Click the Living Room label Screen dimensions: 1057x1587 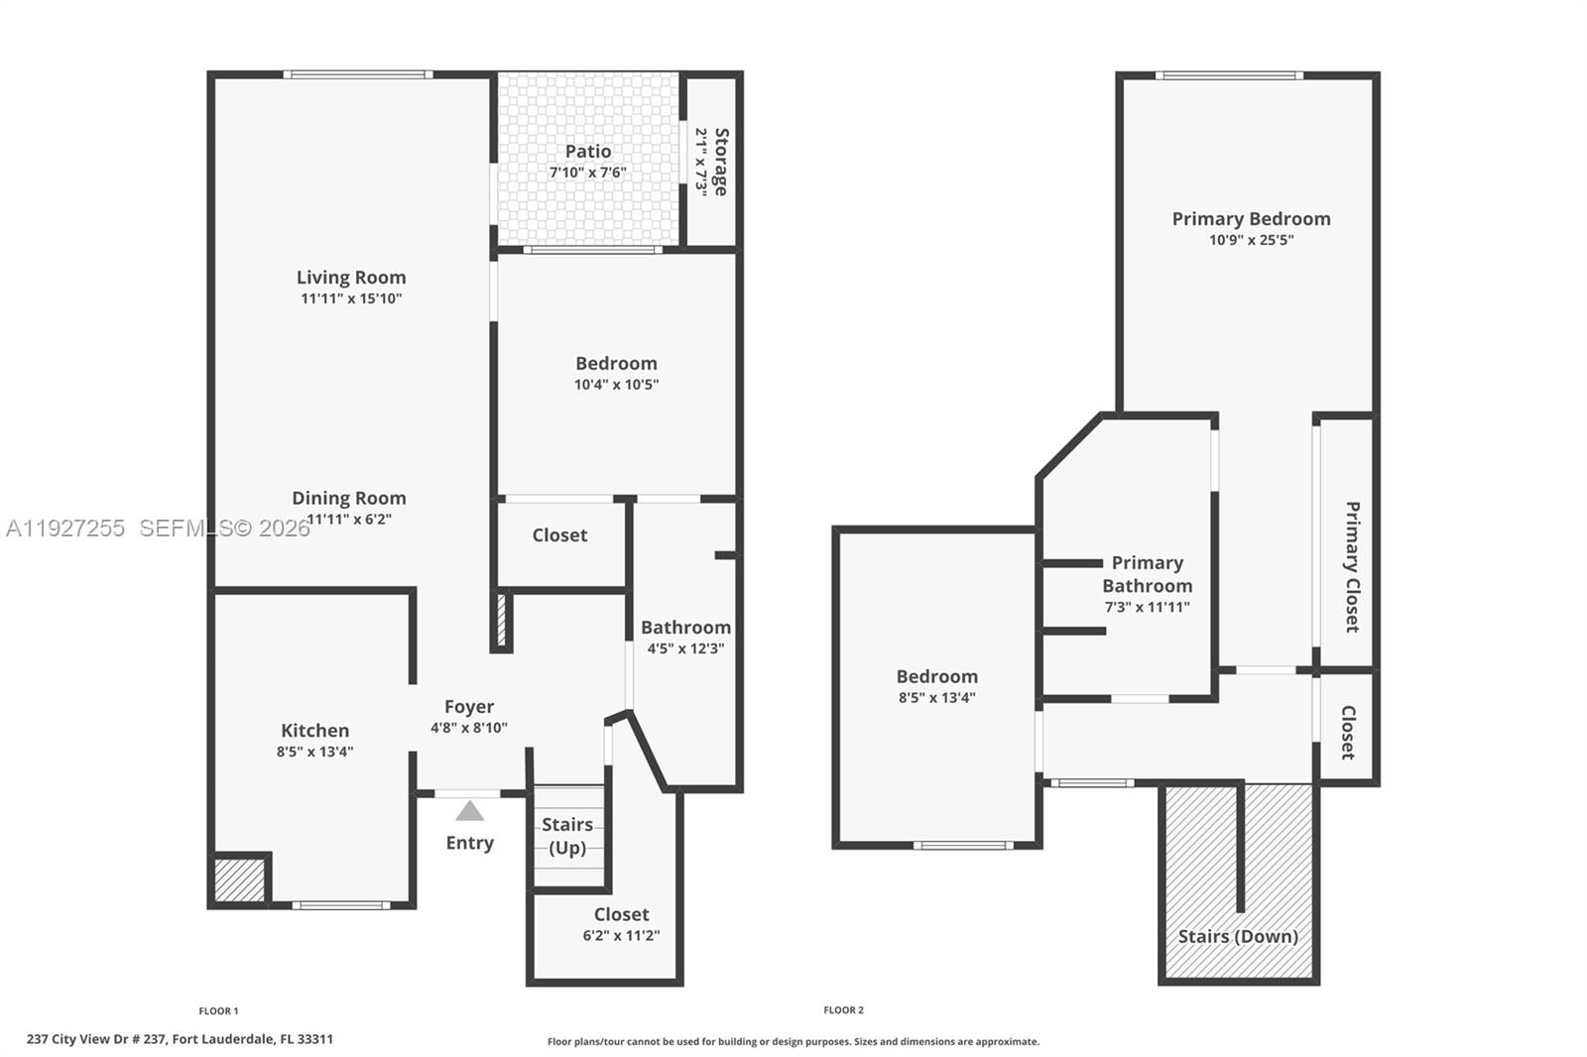[351, 278]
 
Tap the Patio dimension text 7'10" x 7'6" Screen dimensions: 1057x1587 [588, 173]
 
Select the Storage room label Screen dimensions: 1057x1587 [721, 162]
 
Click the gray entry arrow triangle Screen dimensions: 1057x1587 [469, 812]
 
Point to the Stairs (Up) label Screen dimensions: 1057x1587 [567, 836]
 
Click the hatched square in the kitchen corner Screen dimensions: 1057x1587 [239, 880]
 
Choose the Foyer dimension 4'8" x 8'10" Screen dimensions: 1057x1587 [469, 728]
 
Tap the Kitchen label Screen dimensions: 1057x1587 [314, 731]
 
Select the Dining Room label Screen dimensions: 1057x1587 [349, 498]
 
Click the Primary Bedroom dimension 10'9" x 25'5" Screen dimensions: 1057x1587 [1251, 240]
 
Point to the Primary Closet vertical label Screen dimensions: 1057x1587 [1351, 566]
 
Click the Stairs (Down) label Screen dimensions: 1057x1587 [1238, 936]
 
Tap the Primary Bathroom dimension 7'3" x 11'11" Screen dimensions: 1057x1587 [1148, 607]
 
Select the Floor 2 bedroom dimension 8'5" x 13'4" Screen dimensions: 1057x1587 [937, 697]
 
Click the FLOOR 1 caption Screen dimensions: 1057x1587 [218, 1010]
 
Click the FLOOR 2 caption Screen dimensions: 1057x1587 [843, 1009]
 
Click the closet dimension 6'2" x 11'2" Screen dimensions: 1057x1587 [621, 935]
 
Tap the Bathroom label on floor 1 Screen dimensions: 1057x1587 [685, 628]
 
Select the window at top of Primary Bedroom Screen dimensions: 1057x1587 [1229, 75]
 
